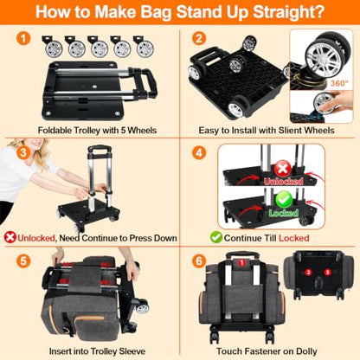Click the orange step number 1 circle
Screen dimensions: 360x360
pos(23,39)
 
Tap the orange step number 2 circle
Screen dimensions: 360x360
pos(199,39)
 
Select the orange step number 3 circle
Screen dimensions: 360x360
pos(23,152)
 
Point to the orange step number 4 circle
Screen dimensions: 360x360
pos(199,152)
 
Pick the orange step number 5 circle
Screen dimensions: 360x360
pos(23,261)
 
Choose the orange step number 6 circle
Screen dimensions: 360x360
pos(199,261)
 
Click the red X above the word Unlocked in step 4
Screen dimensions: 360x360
pos(283,169)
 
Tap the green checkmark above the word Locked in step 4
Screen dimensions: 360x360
pos(284,200)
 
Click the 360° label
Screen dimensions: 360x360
pos(339,83)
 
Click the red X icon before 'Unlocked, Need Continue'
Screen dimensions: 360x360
pos(10,238)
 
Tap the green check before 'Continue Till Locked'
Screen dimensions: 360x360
pos(216,237)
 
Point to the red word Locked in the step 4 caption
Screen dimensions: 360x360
pos(294,238)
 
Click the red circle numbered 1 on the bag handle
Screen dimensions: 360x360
pos(241,262)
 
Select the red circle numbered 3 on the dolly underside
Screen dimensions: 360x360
pos(327,272)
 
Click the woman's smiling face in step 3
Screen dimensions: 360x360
pos(35,143)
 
